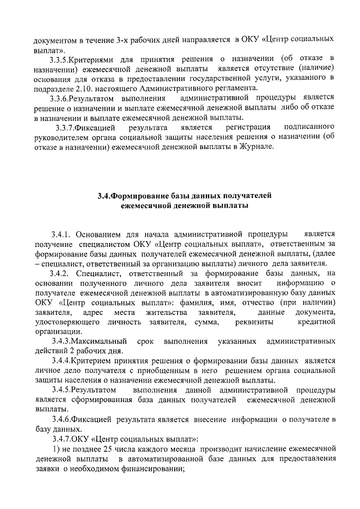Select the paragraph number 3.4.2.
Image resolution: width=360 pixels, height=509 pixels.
pyautogui.click(x=61, y=273)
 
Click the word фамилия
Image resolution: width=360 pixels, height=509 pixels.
pyautogui.click(x=182, y=302)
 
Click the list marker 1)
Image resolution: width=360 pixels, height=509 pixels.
pyautogui.click(x=56, y=449)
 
